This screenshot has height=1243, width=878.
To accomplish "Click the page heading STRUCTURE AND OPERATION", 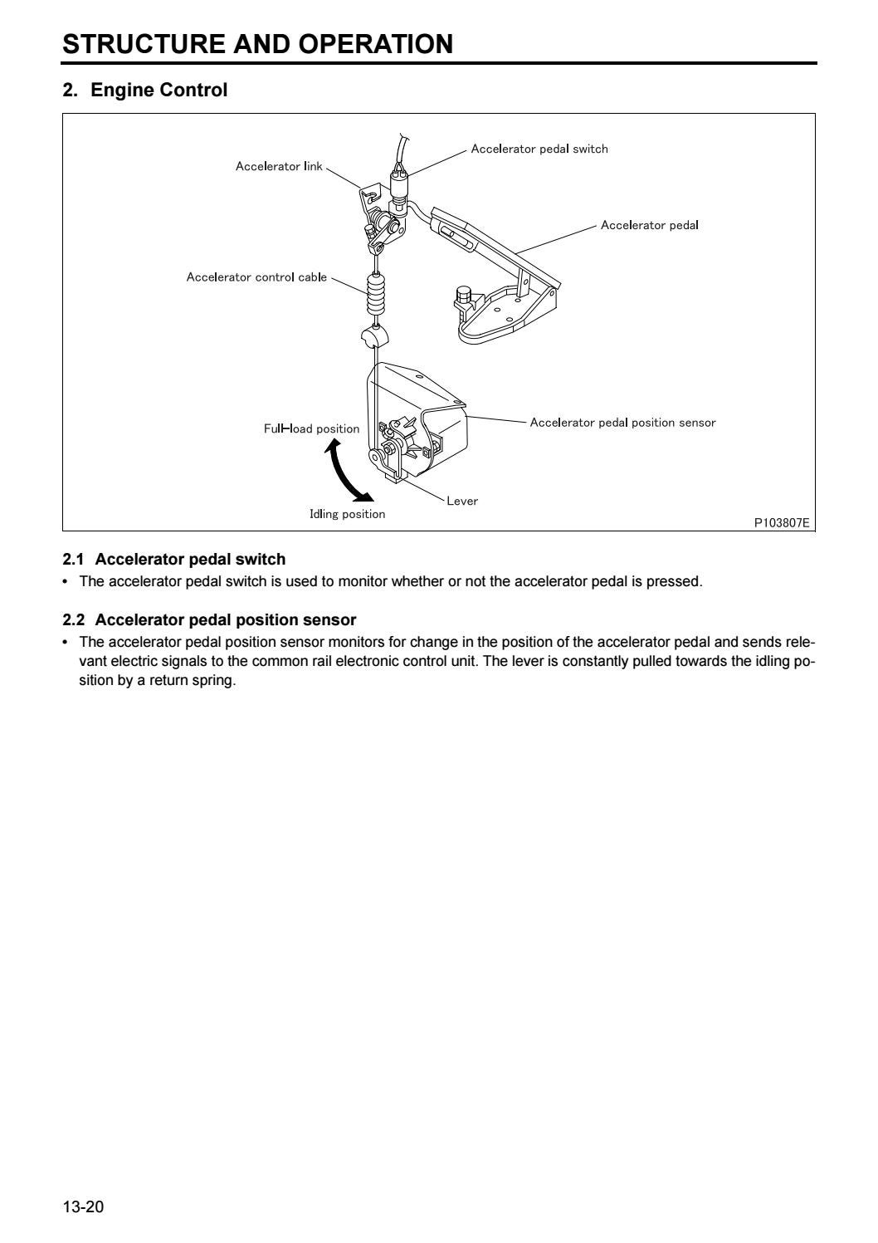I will click(x=258, y=44).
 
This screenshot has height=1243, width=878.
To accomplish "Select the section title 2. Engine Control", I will click(x=145, y=91).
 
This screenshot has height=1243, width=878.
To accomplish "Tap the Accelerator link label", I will click(x=279, y=166).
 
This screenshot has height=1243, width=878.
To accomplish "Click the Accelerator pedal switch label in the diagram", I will click(x=539, y=149).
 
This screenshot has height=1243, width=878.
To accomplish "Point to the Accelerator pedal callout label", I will click(x=649, y=225).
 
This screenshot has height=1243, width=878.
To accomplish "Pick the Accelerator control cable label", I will click(x=256, y=277).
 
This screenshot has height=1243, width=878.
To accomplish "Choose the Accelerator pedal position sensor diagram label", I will click(x=622, y=422).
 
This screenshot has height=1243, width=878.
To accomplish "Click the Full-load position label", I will click(x=311, y=429).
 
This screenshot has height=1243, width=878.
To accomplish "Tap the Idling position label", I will click(x=347, y=514).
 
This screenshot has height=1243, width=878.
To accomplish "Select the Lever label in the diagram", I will click(x=462, y=501).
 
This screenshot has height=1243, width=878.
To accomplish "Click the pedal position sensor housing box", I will click(x=423, y=407).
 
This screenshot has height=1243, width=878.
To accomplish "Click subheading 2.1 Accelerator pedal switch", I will click(x=174, y=559).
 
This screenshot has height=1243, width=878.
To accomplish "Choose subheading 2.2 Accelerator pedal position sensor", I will click(x=209, y=619).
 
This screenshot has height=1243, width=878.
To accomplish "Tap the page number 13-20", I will click(x=83, y=1206).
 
